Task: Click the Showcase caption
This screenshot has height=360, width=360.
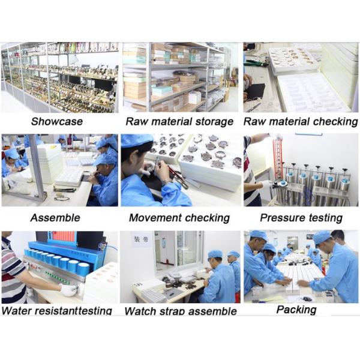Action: tap(57, 121)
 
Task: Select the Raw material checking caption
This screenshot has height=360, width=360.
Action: tap(301, 122)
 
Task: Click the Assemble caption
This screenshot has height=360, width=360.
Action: tap(55, 218)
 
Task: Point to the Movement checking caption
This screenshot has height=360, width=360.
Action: tap(179, 218)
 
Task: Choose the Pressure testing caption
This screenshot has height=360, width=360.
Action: tap(301, 218)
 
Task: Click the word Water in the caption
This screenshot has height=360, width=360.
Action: tap(16, 311)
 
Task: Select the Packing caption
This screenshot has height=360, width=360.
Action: tap(296, 310)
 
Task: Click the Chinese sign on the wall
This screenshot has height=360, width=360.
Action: tap(141, 239)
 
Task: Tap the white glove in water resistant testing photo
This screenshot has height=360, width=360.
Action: tap(68, 290)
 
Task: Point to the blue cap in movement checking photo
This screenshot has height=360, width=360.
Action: tap(137, 141)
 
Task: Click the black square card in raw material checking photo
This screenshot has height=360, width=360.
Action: tap(256, 93)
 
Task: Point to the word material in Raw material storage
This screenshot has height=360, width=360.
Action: tap(172, 121)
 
